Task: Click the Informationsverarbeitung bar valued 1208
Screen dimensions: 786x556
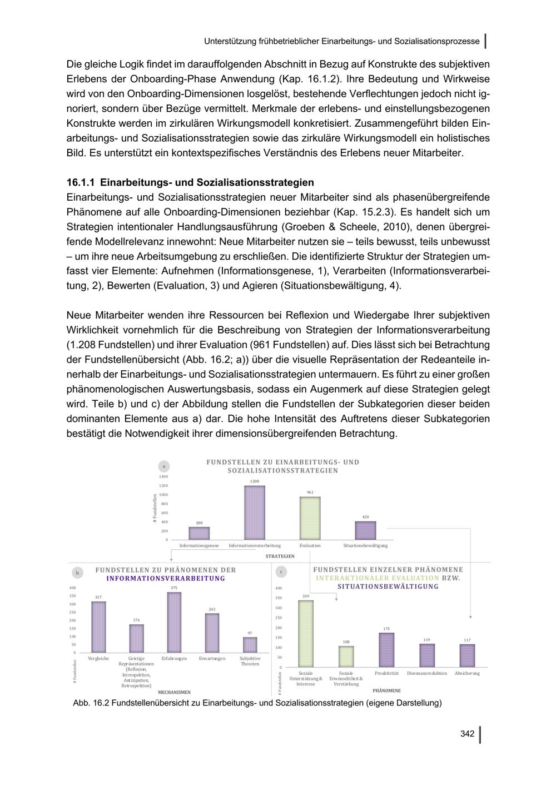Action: coord(255,513)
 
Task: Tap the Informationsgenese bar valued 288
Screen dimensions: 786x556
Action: coord(199,533)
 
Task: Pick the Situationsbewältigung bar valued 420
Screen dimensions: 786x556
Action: coord(365,530)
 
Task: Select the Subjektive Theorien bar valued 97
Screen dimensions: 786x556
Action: coord(250,645)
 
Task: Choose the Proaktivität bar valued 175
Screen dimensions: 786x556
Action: coord(386,650)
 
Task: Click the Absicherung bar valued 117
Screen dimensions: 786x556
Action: coord(467,655)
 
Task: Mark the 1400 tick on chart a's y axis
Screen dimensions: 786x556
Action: coord(164,477)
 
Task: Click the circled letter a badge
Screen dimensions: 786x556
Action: coord(163,466)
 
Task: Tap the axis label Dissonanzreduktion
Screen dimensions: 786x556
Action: coord(426,673)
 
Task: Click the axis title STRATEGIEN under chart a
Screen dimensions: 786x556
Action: coord(280,556)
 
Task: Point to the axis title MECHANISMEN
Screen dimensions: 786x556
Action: coord(174,692)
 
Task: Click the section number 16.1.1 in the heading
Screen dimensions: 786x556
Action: coord(81,182)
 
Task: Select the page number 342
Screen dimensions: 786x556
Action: coord(467,734)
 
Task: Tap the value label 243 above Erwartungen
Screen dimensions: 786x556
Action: coord(212,610)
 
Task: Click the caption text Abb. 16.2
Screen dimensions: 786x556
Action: coord(91,703)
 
